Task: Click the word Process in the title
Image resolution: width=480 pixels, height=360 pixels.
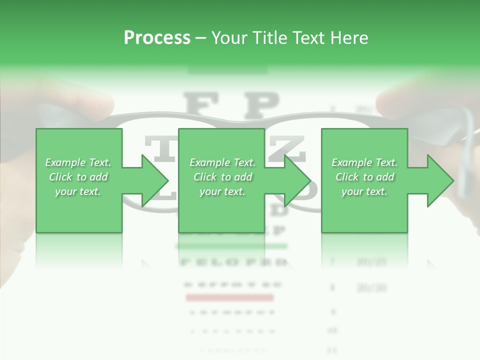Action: pos(157,38)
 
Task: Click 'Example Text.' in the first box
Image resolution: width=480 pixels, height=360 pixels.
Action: pos(78,162)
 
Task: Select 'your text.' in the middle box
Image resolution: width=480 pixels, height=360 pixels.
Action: pos(222,191)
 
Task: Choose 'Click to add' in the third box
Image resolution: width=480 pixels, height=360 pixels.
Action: pos(364,177)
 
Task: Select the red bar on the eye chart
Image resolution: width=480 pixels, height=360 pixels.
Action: pos(229,298)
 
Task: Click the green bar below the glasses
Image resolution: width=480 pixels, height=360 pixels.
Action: pos(231,246)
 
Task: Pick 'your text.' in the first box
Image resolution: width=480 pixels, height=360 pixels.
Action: pos(78,191)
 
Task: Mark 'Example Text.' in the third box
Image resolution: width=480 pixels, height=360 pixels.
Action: pos(364,162)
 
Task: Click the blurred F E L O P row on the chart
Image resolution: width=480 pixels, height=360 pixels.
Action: pos(232,261)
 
